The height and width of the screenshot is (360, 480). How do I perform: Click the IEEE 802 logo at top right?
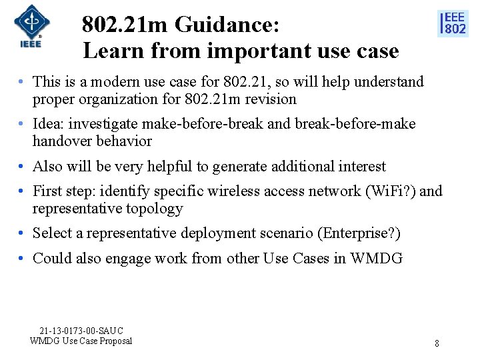(453, 23)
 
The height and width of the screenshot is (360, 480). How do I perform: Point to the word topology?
(152, 209)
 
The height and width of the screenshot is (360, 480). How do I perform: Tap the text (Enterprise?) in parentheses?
(359, 233)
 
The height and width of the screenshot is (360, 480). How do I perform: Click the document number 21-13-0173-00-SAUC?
(81, 331)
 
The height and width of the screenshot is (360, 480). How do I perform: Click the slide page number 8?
(437, 343)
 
